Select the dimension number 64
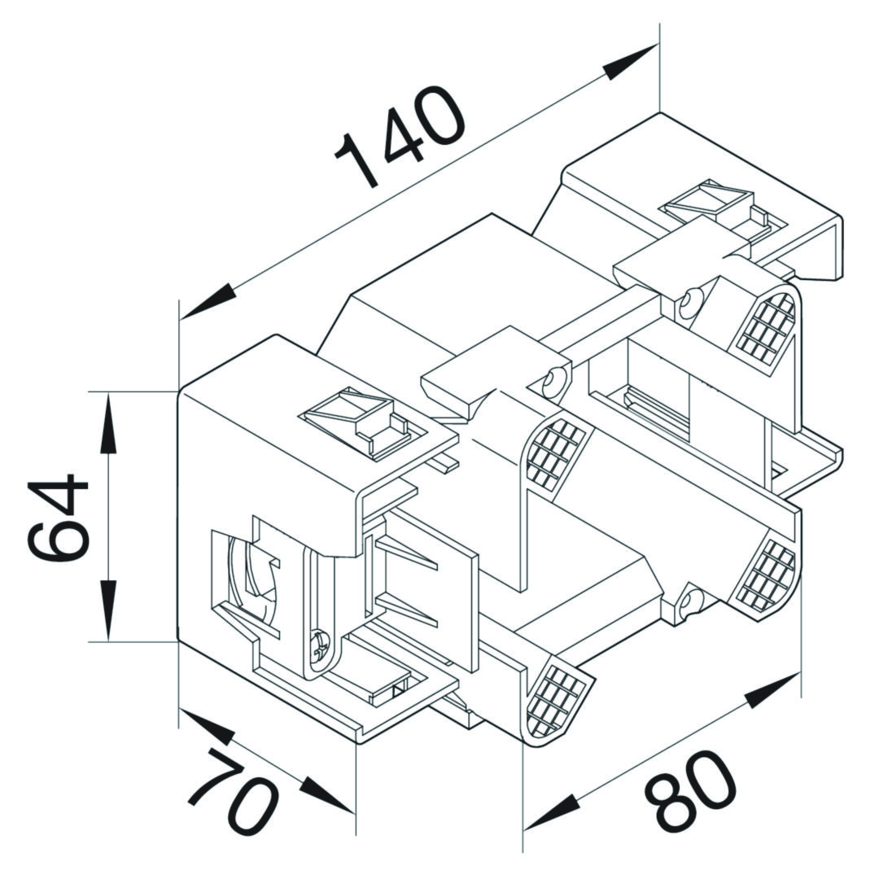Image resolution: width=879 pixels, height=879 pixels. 58,516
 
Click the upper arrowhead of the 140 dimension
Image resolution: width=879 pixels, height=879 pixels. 630,62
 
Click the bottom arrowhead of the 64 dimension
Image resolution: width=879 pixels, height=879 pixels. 107,610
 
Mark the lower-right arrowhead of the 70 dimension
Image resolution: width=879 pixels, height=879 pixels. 328,795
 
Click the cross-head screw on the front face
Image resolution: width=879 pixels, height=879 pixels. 320,645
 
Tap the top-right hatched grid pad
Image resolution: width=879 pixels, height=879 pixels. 766,327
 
